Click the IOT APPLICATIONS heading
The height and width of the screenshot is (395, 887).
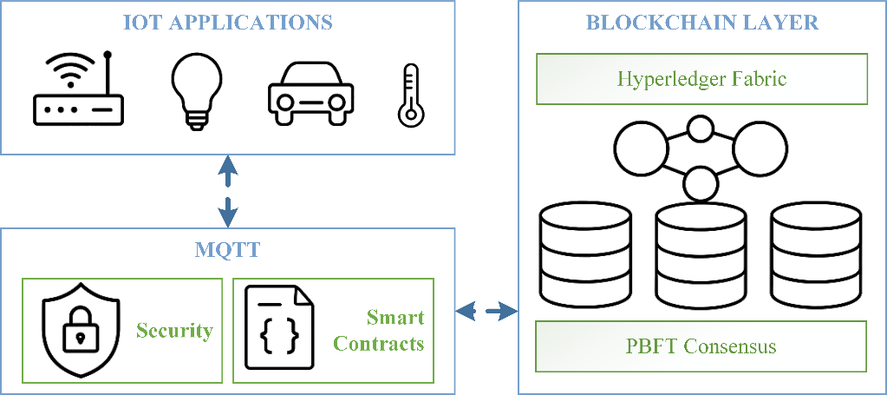tap(227, 23)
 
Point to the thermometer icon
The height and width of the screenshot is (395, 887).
tap(408, 95)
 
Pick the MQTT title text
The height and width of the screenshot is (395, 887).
tap(227, 251)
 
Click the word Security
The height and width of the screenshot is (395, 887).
tap(174, 331)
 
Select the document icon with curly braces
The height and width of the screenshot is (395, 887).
tap(279, 331)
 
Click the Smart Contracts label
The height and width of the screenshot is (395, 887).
tap(379, 331)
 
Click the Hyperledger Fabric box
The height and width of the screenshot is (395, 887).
tap(701, 79)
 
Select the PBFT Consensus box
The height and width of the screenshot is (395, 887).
tap(701, 346)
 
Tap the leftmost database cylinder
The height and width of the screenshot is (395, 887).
tap(586, 251)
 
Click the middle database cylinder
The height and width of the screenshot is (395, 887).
tap(701, 251)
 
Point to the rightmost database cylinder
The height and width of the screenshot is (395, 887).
tap(816, 251)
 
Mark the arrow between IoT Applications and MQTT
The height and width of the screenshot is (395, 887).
tap(227, 191)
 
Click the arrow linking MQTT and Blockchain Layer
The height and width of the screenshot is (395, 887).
tap(486, 310)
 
